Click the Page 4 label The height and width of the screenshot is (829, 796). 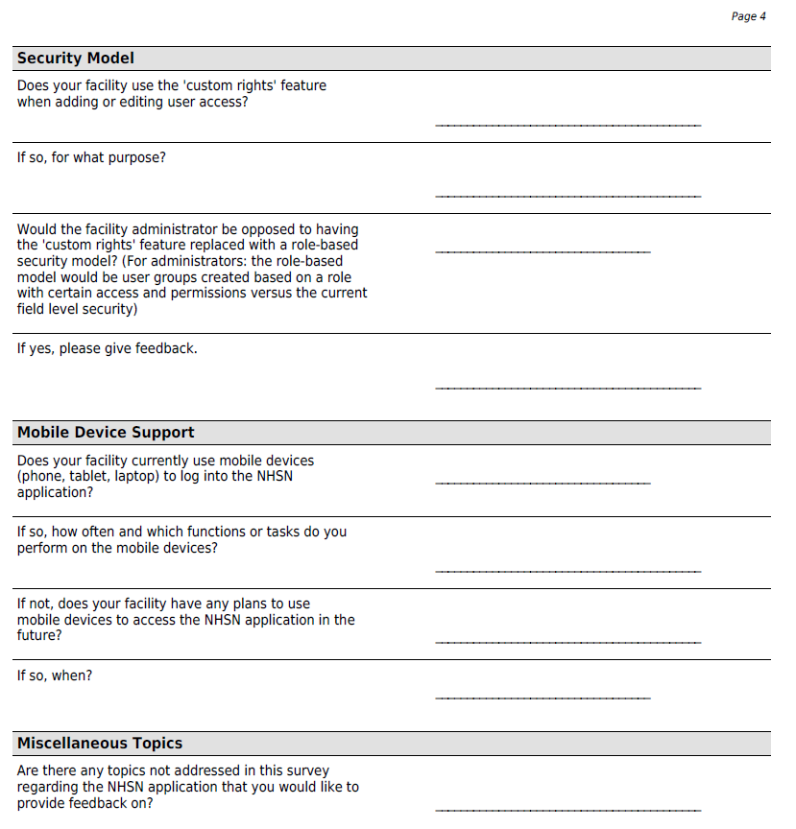coord(748,16)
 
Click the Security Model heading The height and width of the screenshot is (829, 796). coord(76,59)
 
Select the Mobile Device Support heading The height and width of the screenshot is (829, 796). coord(106,433)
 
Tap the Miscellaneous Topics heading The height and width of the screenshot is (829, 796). coord(99,744)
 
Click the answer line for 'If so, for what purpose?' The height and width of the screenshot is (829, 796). coord(567,196)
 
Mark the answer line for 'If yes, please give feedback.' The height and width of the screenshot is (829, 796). coord(567,388)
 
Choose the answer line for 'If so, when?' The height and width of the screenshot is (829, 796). coord(543,698)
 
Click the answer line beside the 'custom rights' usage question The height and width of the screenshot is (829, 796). coord(567,125)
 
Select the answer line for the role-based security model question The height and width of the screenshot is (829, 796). coord(543,251)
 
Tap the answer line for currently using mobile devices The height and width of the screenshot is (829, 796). coord(543,482)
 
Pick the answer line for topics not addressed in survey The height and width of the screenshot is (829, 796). coord(567,810)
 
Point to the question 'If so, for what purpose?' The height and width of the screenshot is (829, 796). coord(91,157)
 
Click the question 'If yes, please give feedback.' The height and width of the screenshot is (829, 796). coord(107,348)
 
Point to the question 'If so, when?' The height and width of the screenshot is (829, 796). coord(55,675)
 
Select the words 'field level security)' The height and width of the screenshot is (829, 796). coord(77,309)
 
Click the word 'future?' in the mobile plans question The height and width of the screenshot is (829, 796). coord(39,635)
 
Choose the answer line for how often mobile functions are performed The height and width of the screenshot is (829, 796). coord(567,571)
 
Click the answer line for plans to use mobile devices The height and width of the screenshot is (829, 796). coord(567,642)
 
